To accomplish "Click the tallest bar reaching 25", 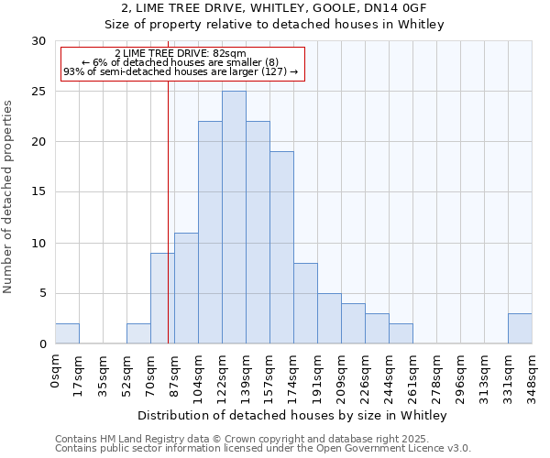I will [234, 217].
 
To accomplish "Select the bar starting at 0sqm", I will [67, 333].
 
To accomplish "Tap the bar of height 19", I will [281, 247].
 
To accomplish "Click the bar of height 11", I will [186, 288].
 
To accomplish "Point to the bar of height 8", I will [305, 303].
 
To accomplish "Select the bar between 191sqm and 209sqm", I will [329, 319].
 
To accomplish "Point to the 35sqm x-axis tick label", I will [104, 374].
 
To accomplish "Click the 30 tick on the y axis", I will [38, 41].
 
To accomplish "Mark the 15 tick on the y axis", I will [38, 192].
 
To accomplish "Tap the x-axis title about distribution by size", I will [292, 416].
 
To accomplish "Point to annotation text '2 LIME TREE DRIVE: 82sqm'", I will [181, 54].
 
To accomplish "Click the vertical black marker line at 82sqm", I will [168, 211].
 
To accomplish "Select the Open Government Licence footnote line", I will [263, 449].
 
